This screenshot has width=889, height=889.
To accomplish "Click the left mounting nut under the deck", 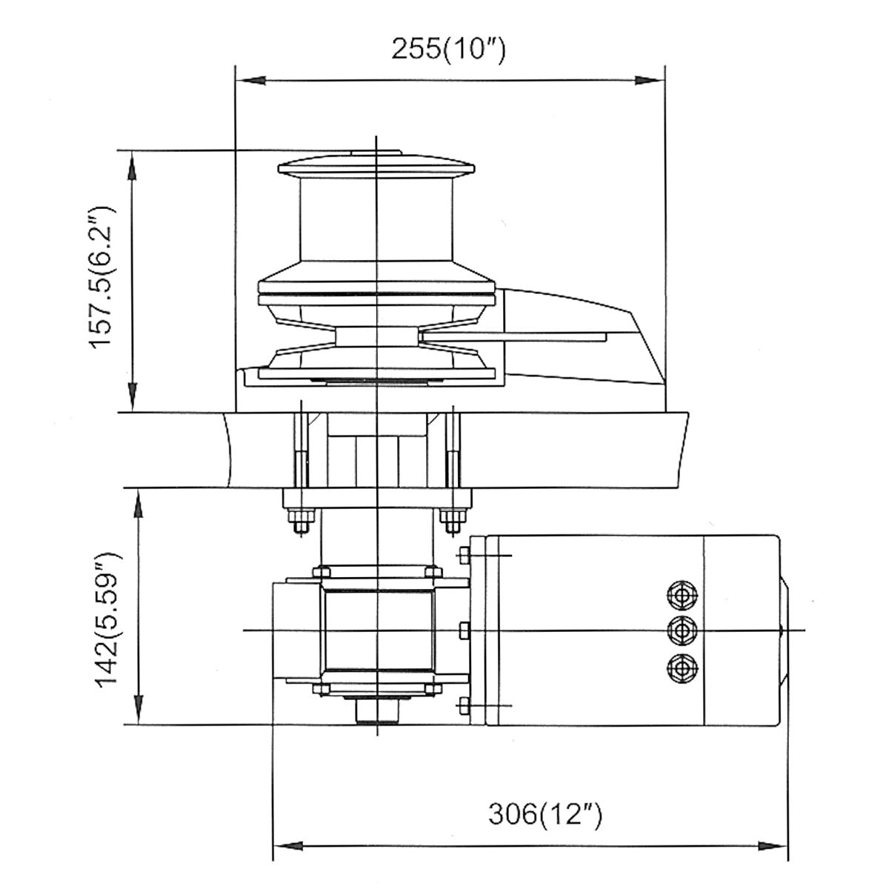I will [x=300, y=520].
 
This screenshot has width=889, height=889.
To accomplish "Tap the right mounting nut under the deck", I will [x=451, y=520].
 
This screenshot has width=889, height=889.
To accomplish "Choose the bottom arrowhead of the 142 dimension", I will [x=137, y=713].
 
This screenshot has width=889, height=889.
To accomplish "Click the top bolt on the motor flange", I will [x=465, y=555].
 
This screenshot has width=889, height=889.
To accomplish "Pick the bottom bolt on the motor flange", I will [x=465, y=705].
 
